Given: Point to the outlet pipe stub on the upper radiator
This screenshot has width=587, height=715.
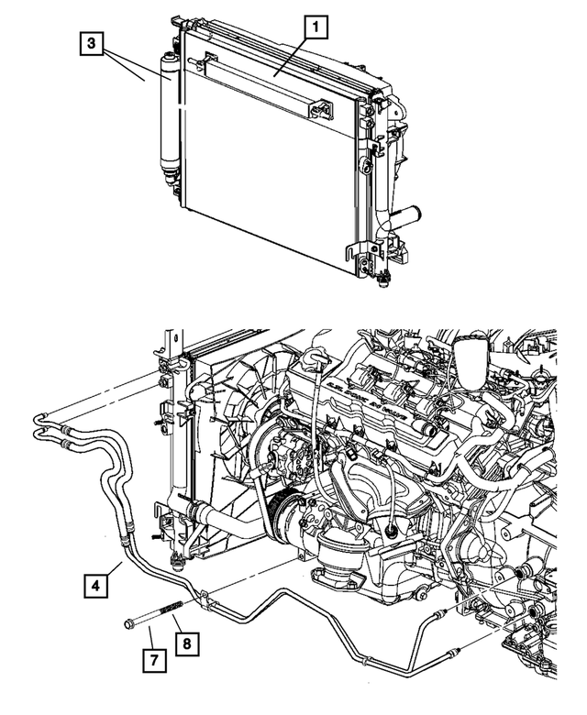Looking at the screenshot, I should click(406, 220).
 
